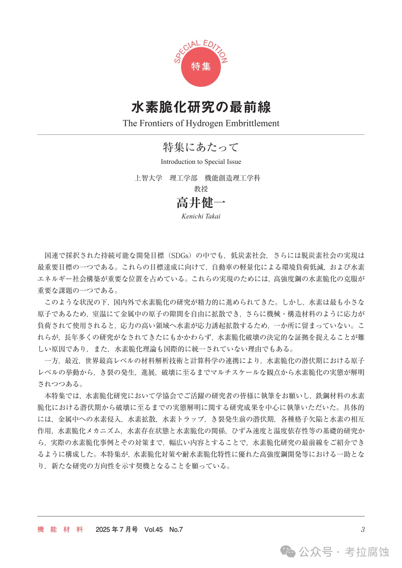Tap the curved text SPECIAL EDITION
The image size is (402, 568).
click(201, 47)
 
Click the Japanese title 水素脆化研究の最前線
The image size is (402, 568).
click(201, 107)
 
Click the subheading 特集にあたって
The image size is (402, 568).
click(201, 147)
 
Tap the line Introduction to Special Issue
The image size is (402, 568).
click(201, 162)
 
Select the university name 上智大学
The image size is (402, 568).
click(149, 178)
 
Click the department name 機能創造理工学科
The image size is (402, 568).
click(232, 178)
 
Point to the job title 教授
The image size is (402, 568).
click(201, 189)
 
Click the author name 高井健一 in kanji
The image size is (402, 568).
click(201, 203)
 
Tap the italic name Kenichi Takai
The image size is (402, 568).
click(201, 216)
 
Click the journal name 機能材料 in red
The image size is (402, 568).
click(60, 529)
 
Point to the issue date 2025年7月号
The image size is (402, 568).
click(117, 529)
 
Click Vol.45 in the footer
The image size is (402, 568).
click(153, 529)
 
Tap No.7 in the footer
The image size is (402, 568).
click(176, 529)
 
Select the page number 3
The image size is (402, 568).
click(363, 529)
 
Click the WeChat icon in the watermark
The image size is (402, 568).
click(288, 551)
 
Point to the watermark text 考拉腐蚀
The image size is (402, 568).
click(367, 551)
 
